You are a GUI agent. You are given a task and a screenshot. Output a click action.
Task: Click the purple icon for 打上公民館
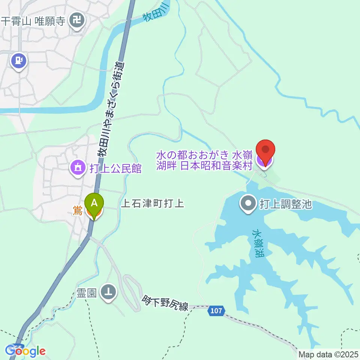(x=78, y=168)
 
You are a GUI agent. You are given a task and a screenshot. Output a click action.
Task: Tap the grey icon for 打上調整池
(x=248, y=204)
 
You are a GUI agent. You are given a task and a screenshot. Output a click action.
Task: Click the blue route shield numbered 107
(x=216, y=311)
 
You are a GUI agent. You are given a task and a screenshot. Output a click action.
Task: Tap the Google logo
(x=25, y=351)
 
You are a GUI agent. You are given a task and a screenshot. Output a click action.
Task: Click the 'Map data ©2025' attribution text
(x=329, y=354)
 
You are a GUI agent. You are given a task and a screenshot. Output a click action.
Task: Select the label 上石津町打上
(x=153, y=204)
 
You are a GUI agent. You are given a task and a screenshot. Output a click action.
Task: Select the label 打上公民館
(x=115, y=168)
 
